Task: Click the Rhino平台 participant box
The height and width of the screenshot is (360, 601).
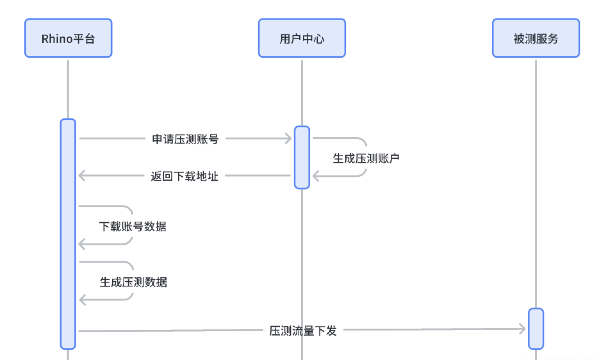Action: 68,38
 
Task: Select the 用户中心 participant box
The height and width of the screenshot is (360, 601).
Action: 302,38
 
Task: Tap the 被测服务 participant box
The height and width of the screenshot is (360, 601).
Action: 536,38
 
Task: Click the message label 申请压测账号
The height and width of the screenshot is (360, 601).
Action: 185,139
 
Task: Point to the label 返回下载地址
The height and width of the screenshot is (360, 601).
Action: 185,176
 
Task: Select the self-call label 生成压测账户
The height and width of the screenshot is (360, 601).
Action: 366,158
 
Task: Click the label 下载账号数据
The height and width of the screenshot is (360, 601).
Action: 133,226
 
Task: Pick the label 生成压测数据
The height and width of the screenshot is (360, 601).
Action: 133,282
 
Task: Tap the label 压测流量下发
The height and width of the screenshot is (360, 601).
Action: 303,331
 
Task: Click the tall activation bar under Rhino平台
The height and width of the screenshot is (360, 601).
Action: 68,234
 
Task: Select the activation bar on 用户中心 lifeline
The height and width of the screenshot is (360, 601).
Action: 302,157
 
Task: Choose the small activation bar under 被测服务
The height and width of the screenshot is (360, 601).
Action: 536,329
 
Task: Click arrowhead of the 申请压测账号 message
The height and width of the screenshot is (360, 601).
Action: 288,138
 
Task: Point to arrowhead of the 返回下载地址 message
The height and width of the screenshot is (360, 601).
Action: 82,176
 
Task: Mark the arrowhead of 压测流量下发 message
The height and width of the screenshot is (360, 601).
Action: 522,329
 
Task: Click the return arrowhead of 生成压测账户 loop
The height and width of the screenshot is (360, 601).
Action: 316,176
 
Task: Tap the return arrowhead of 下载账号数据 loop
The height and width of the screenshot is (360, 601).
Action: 82,244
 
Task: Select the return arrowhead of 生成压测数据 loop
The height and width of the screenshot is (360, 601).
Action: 82,300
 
